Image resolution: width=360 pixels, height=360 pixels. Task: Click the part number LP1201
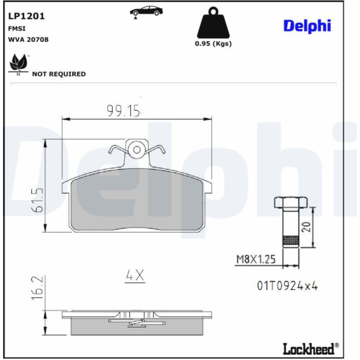[x=26, y=16]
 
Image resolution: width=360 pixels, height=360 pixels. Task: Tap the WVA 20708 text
[x=28, y=40]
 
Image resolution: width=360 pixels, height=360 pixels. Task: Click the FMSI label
[x=17, y=28]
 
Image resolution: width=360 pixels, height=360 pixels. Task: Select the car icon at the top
[x=146, y=11]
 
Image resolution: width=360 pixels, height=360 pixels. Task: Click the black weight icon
[x=213, y=23]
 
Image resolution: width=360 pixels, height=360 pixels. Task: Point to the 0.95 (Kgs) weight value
[x=213, y=43]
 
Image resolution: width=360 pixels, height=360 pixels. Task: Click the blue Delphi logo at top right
[x=307, y=26]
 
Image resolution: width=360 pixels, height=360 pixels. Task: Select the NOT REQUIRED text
[x=59, y=74]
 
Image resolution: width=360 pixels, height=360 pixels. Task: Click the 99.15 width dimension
[x=123, y=111]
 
